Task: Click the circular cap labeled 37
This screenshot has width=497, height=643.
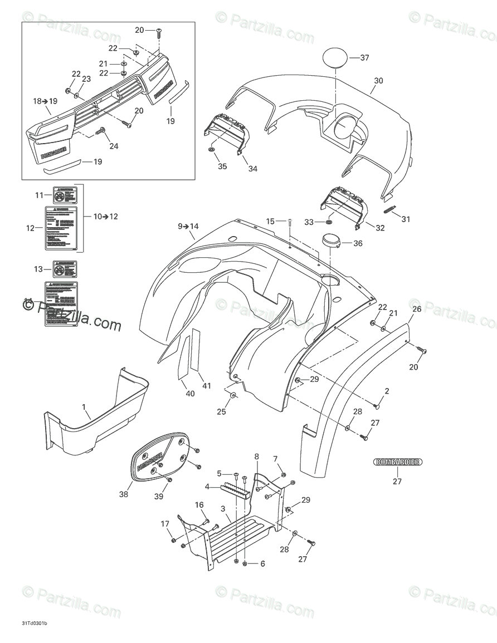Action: click(x=335, y=58)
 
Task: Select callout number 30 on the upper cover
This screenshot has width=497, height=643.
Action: click(x=378, y=81)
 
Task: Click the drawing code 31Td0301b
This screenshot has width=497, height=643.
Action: click(x=35, y=622)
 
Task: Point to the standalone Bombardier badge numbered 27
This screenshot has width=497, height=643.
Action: click(x=397, y=462)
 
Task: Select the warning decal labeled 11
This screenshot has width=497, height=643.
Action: click(x=65, y=195)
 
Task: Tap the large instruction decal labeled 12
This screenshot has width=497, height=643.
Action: click(x=61, y=227)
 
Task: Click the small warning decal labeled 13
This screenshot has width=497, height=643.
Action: click(x=65, y=269)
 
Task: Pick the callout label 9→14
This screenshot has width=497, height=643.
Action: click(x=188, y=226)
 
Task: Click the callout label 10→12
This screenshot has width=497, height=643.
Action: click(x=105, y=217)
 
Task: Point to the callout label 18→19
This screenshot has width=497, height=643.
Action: click(x=45, y=101)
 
